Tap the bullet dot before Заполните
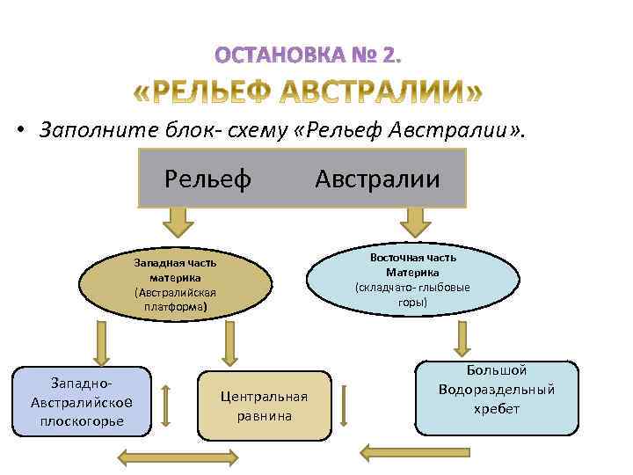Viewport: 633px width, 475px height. click(18, 131)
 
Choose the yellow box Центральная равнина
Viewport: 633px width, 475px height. click(265, 404)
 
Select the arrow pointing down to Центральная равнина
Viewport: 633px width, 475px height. click(230, 343)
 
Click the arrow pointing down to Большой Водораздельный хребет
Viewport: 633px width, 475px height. click(460, 340)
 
